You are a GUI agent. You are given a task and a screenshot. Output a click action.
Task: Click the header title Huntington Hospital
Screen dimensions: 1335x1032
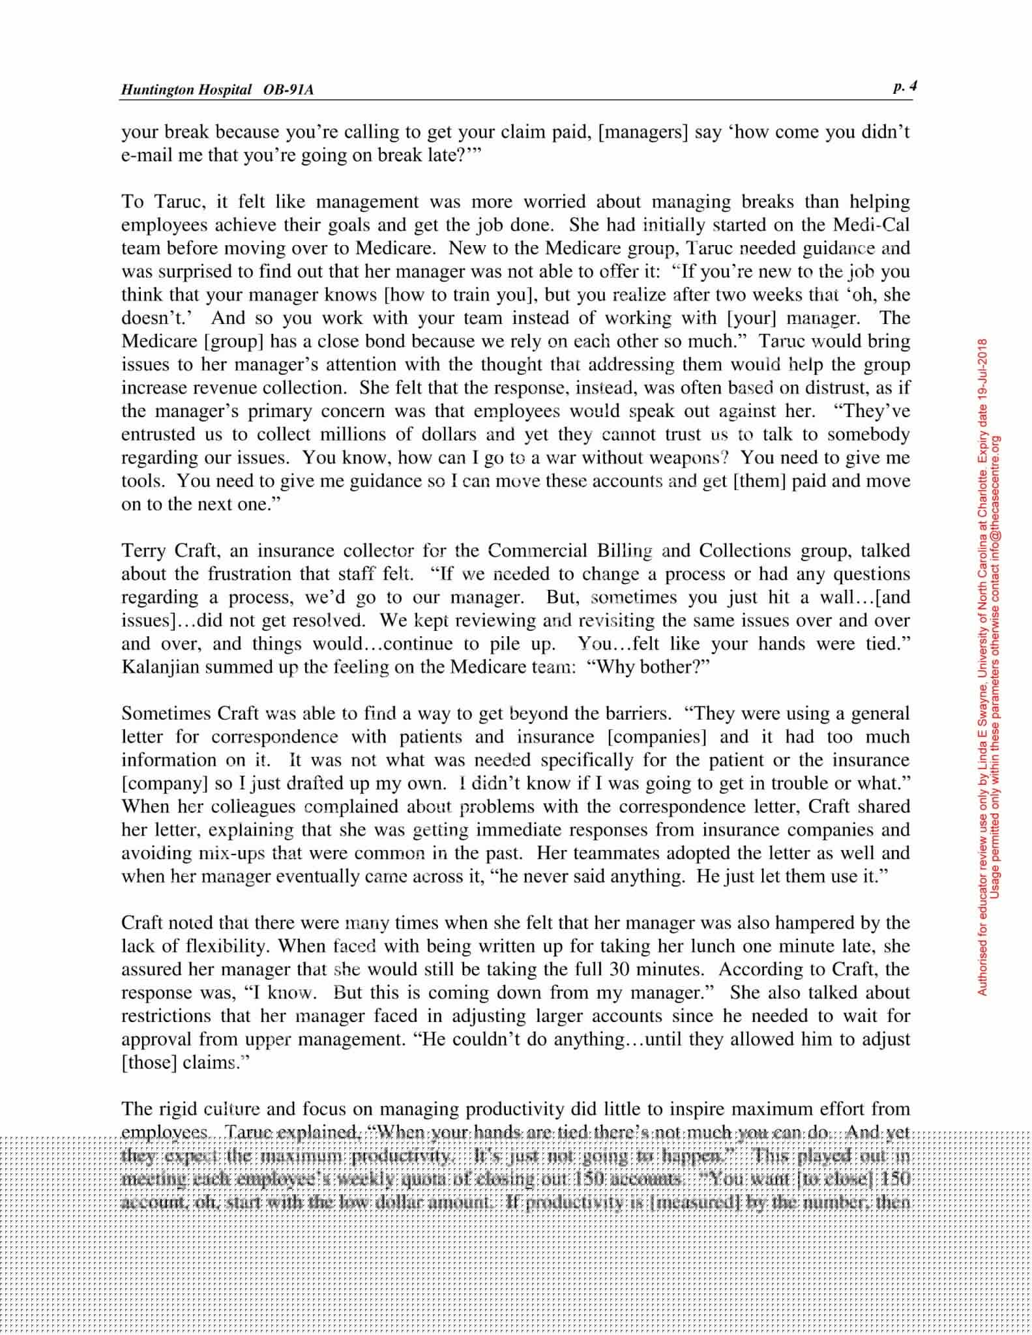click(x=186, y=90)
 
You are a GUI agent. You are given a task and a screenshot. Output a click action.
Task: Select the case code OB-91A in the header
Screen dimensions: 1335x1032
click(x=288, y=90)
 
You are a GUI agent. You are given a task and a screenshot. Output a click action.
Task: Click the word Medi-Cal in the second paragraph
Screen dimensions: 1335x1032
click(x=872, y=225)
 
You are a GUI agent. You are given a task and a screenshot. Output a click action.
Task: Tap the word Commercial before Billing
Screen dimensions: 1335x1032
click(x=537, y=551)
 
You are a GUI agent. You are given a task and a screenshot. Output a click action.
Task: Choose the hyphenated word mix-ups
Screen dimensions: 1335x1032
click(x=230, y=853)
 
